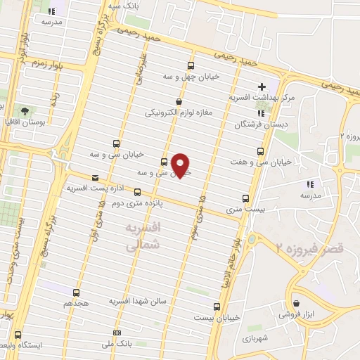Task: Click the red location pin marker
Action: pyautogui.click(x=181, y=165)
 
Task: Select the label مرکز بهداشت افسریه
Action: pyautogui.click(x=259, y=98)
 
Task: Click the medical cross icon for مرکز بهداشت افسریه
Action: pyautogui.click(x=262, y=86)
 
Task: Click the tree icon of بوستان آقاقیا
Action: pyautogui.click(x=25, y=111)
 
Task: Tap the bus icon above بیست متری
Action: pyautogui.click(x=245, y=198)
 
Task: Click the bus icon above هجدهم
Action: pyautogui.click(x=76, y=292)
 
